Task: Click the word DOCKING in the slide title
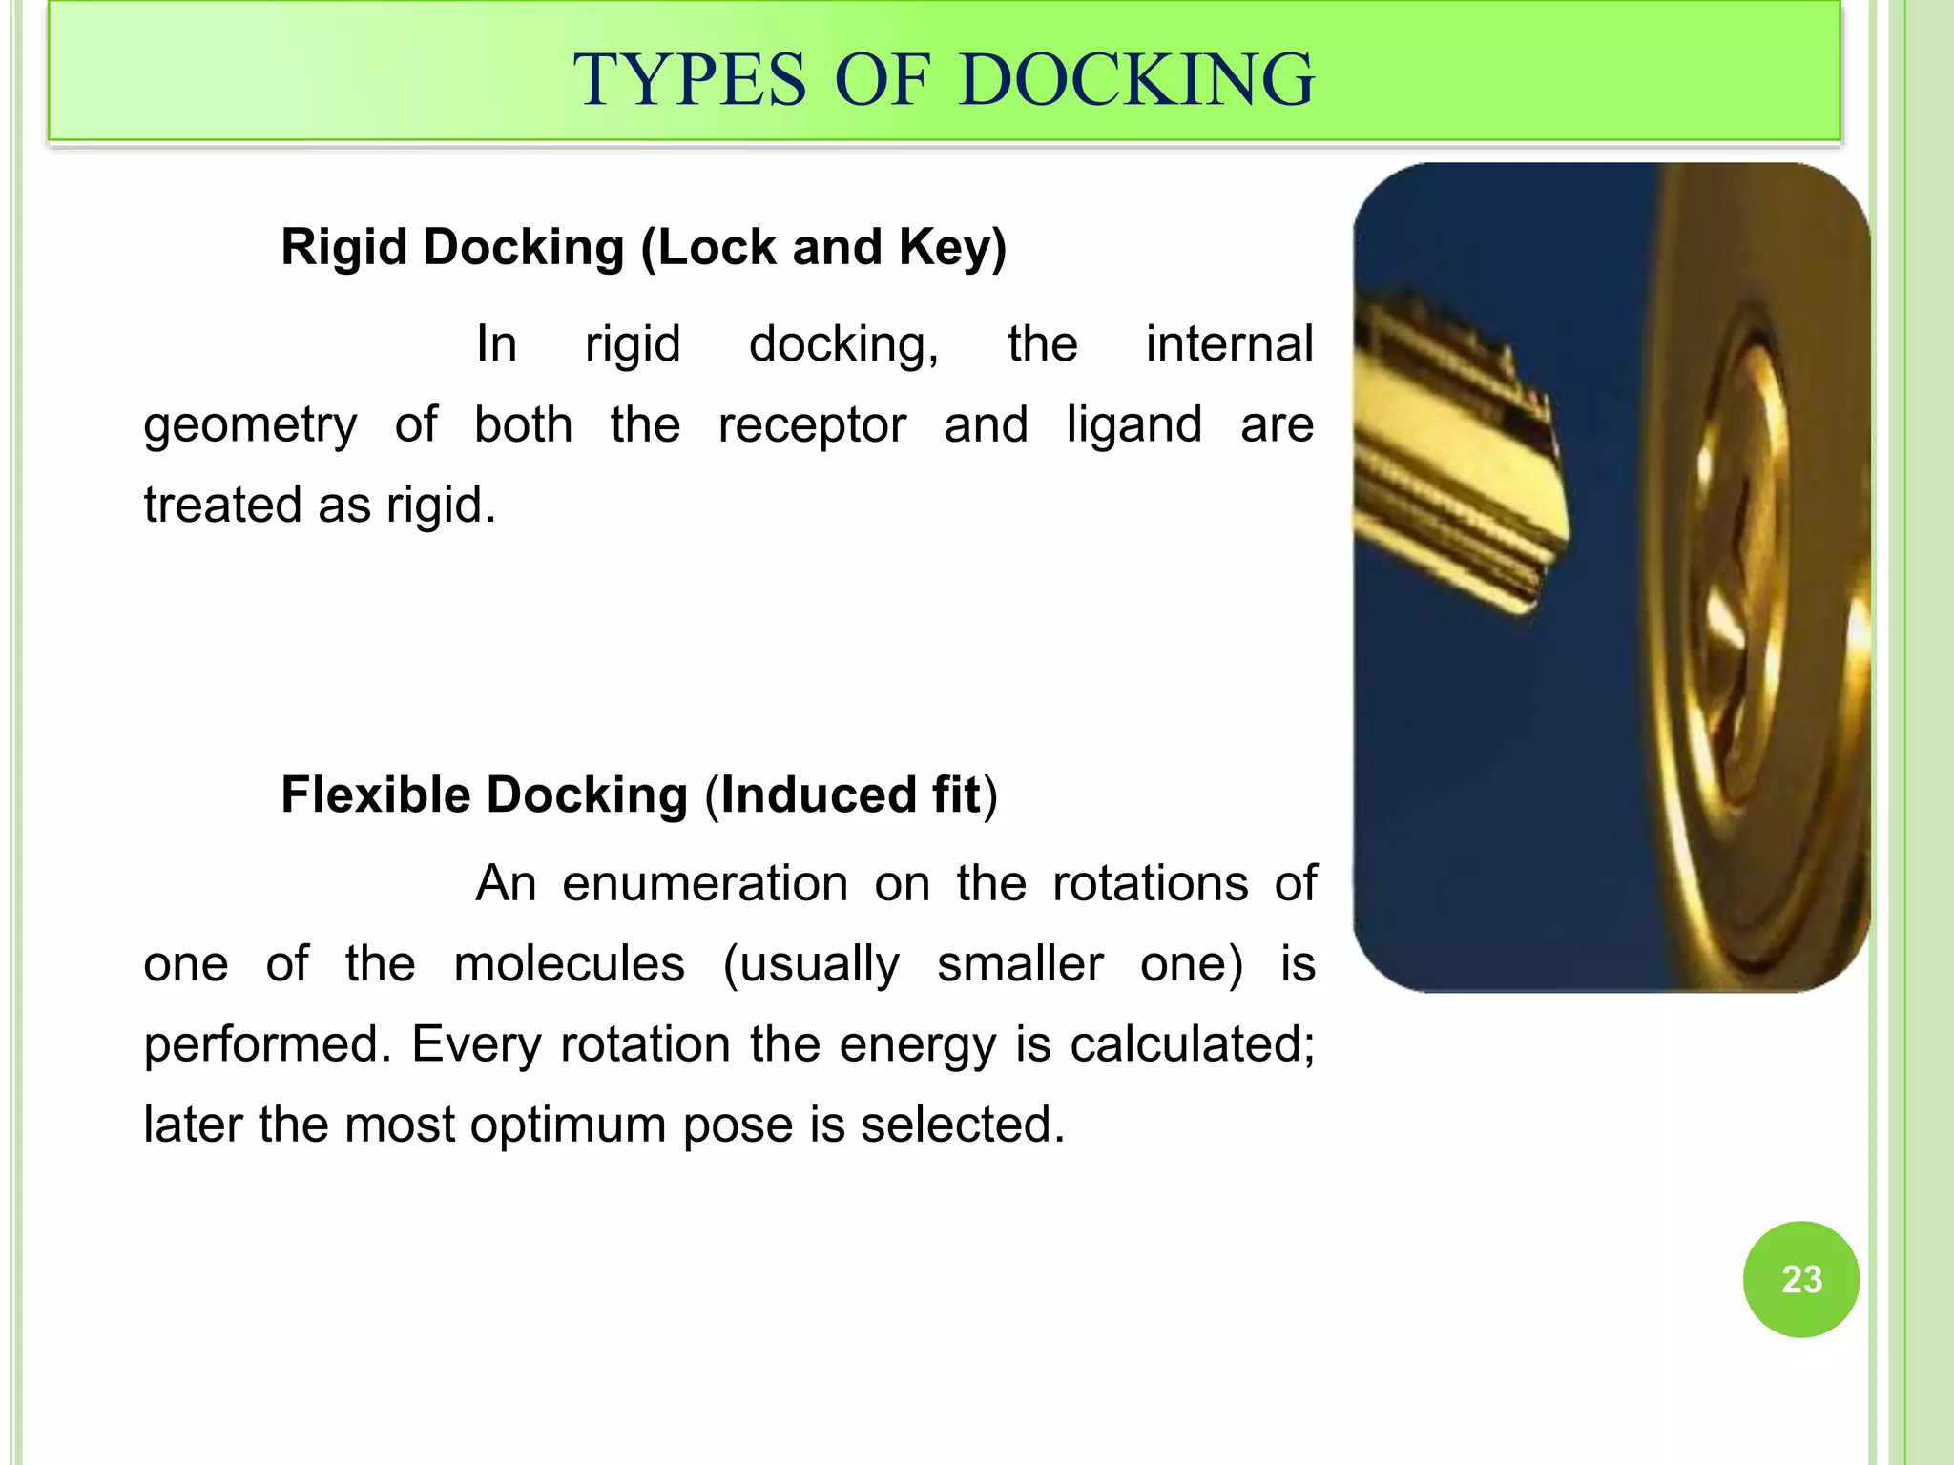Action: coord(1136,80)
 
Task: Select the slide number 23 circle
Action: coord(1800,1279)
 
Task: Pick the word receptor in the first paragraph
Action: coord(812,425)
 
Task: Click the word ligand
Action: coord(1133,425)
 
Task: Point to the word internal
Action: coord(1229,344)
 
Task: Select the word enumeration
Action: coord(705,884)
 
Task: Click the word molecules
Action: coord(569,964)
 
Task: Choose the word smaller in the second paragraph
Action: coord(1020,964)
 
